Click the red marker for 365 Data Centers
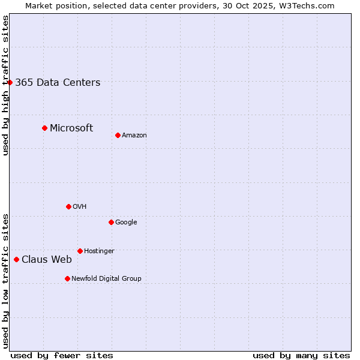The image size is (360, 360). (10, 82)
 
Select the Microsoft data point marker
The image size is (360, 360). (44, 128)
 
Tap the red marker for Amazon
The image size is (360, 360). (118, 135)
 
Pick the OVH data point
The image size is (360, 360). (68, 206)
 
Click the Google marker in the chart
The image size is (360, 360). (111, 222)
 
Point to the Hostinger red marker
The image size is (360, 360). (80, 251)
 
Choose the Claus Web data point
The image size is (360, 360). (16, 259)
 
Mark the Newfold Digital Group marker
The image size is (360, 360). (67, 278)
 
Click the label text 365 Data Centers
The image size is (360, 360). (58, 83)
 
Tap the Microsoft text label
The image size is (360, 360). (71, 128)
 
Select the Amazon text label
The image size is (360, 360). (134, 136)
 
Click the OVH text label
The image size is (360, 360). (80, 207)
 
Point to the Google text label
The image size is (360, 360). (126, 223)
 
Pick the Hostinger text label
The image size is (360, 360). (99, 251)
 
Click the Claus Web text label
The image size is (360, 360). (47, 260)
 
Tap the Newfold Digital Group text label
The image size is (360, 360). (106, 279)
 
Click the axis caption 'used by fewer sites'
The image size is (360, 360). (62, 355)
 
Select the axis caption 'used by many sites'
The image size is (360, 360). (301, 355)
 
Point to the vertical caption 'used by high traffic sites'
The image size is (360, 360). (5, 85)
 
